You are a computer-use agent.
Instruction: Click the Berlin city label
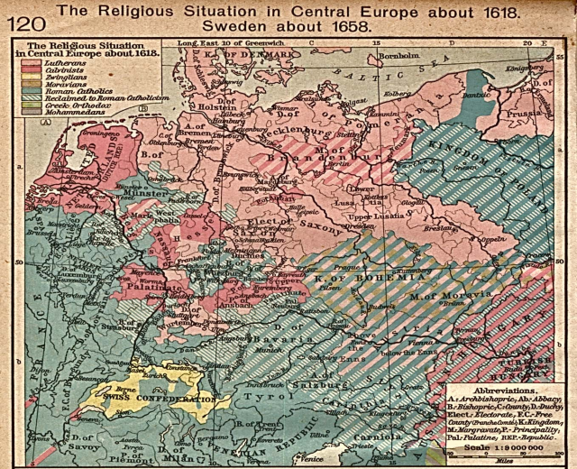coord(339,165)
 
